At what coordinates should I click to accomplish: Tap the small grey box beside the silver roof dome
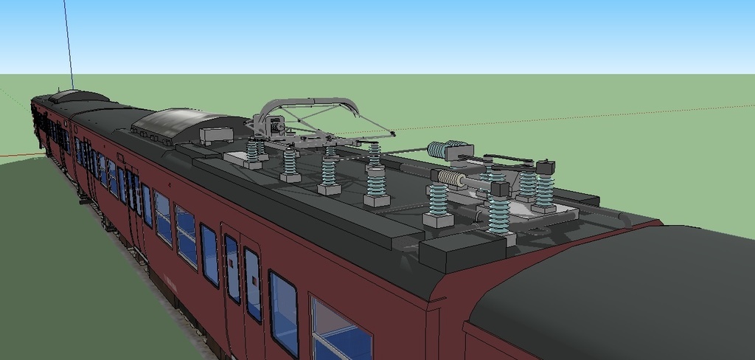click(x=216, y=135)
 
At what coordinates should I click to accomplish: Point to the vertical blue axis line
click(x=68, y=44)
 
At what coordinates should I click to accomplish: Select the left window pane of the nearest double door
click(x=232, y=269)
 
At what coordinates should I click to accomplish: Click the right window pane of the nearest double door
click(x=253, y=284)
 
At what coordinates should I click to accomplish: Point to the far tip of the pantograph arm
click(x=392, y=134)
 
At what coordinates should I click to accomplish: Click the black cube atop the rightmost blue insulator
click(x=546, y=167)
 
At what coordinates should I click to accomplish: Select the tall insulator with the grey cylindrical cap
click(x=376, y=184)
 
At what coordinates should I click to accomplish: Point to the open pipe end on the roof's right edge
click(x=624, y=218)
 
